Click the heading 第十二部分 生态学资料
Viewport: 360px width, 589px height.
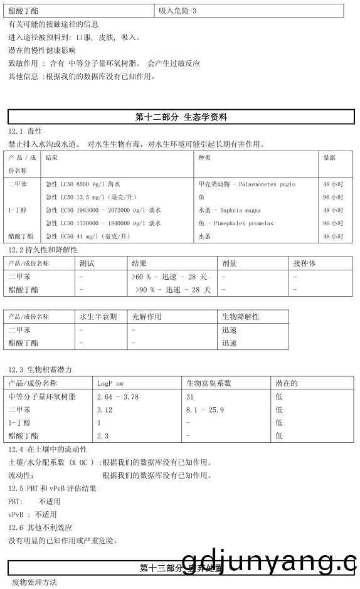coord(181,117)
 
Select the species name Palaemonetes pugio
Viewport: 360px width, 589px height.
coord(246,184)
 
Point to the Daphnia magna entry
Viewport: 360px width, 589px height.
coord(229,210)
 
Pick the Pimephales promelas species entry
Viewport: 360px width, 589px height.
coord(235,223)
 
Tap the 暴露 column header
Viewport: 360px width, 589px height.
coord(329,157)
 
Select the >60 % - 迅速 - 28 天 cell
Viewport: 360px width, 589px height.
coord(169,277)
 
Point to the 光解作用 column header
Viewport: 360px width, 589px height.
coord(146,317)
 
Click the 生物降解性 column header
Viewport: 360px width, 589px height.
coord(240,317)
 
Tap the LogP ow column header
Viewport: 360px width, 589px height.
coord(110,383)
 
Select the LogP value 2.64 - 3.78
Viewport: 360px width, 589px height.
coord(117,396)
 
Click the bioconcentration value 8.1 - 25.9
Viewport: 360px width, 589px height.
coord(205,410)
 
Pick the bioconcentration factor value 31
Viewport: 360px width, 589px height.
coord(190,396)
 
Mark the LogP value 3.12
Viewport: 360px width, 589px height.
coord(104,410)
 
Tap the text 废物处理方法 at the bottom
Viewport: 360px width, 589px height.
coord(34,582)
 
